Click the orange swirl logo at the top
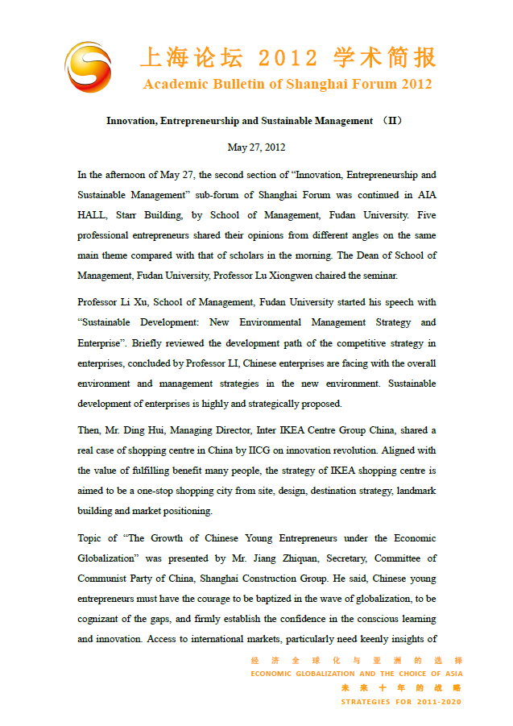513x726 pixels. (88, 66)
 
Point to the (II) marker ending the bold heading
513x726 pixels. (391, 121)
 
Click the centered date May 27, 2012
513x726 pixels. (256, 147)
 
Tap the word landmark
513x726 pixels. (414, 491)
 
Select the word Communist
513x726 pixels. (103, 579)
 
